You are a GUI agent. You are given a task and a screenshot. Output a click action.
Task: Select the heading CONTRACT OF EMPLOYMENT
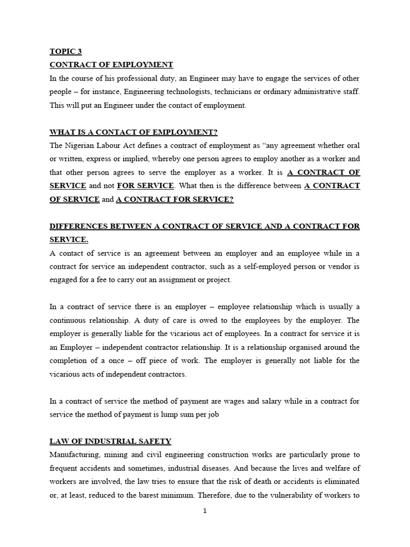pyautogui.click(x=111, y=65)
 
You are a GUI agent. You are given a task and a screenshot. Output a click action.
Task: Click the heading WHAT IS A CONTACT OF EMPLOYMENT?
pyautogui.click(x=133, y=132)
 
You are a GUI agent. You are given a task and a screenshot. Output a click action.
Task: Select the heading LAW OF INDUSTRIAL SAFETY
pyautogui.click(x=111, y=441)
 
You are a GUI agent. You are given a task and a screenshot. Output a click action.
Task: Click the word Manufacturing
pyautogui.click(x=74, y=455)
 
